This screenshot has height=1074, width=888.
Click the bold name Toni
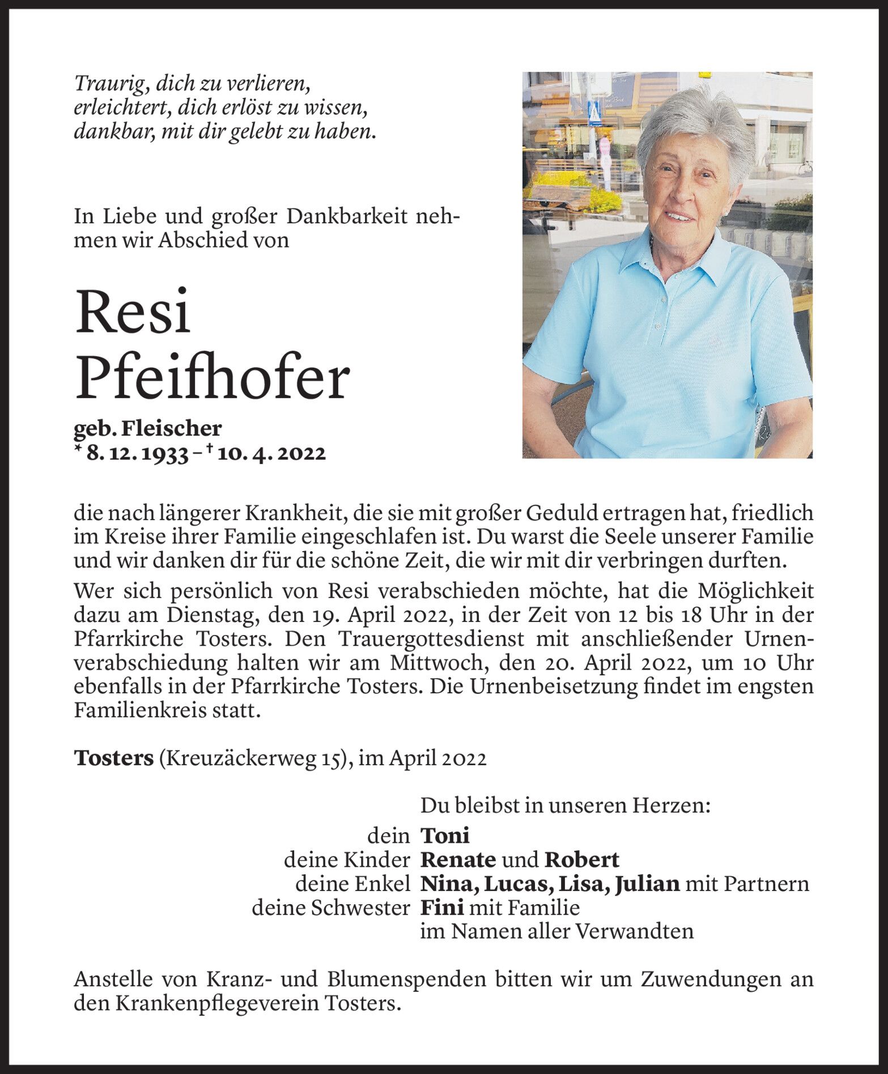pyautogui.click(x=445, y=835)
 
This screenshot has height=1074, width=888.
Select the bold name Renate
pyautogui.click(x=458, y=859)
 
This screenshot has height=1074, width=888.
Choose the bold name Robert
pyautogui.click(x=581, y=859)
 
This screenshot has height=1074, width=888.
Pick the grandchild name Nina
pyautogui.click(x=443, y=884)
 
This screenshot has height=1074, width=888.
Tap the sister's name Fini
pyautogui.click(x=441, y=907)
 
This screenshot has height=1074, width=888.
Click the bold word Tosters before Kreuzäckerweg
pyautogui.click(x=113, y=758)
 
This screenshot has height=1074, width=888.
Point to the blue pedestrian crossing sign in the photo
pyautogui.click(x=595, y=115)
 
